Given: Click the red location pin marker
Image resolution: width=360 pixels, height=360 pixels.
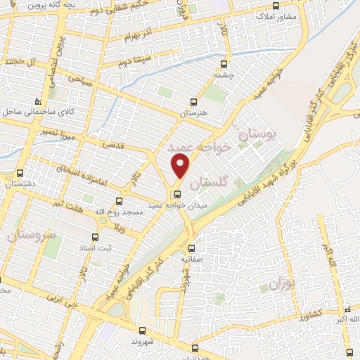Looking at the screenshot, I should point(181,166).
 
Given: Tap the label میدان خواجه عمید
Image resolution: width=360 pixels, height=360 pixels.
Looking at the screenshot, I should point(176,206).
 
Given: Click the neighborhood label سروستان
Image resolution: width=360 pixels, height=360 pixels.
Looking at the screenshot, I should point(31,235).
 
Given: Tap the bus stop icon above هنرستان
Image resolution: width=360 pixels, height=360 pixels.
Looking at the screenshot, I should point(195,101).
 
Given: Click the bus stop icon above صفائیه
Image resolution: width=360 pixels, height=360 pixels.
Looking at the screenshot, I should point(192,247).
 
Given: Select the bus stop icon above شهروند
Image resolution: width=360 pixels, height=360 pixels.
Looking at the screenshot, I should point(142,330).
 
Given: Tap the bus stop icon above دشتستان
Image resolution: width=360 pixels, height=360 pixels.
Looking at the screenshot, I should point(19,173).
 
